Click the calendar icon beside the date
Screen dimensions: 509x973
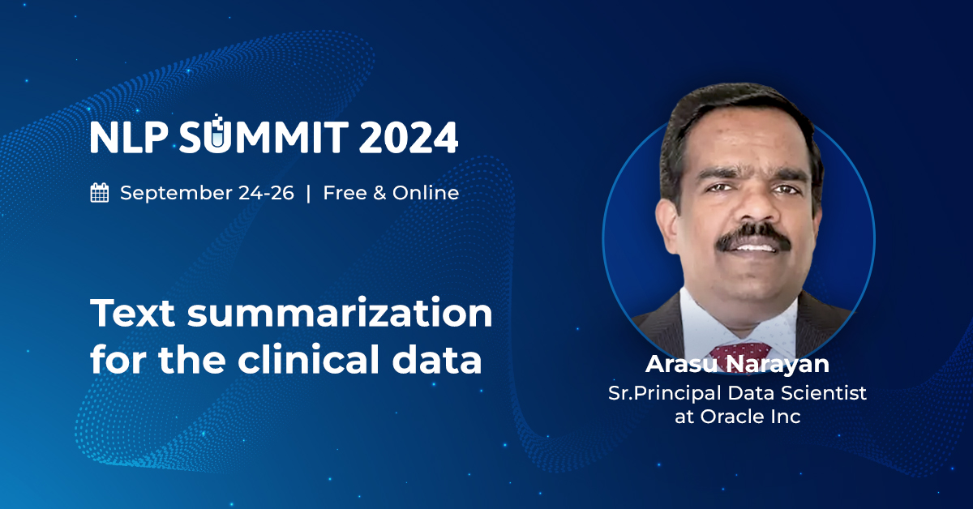(100, 193)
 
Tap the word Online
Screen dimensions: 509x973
(426, 193)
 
